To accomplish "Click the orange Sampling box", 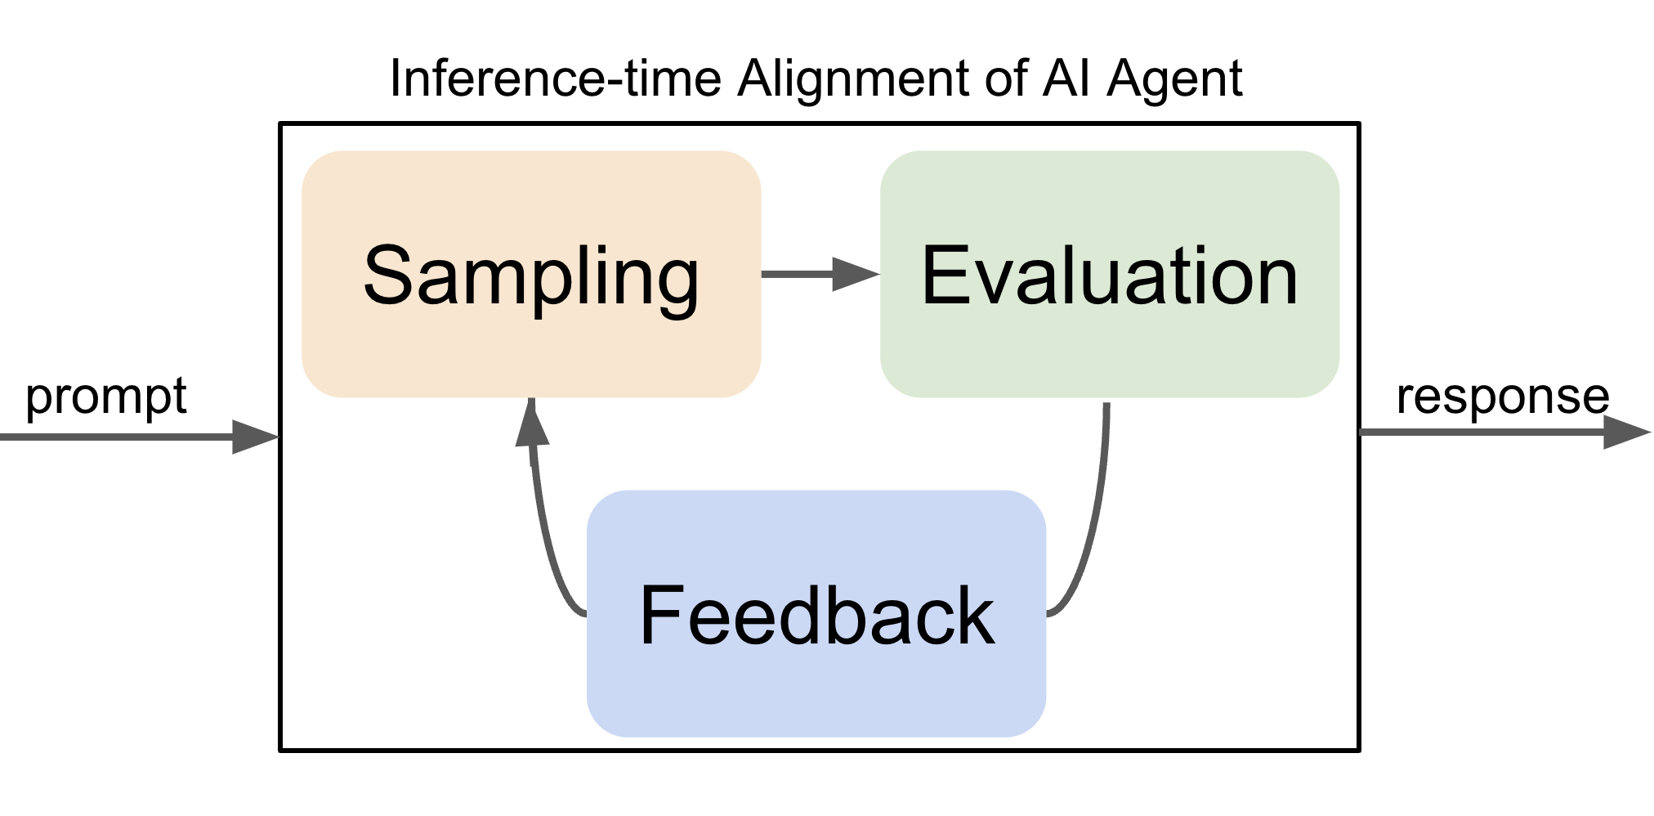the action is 531,274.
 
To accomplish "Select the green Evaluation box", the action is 1110,274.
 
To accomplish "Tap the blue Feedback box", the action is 816,613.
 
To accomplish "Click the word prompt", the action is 106,398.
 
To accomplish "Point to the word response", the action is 1503,398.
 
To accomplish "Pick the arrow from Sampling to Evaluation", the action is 820,274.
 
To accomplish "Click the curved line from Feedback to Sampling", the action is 545,531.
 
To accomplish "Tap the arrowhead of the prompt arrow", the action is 256,437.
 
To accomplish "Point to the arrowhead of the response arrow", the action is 1627,432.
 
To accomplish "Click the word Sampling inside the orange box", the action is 531,278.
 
